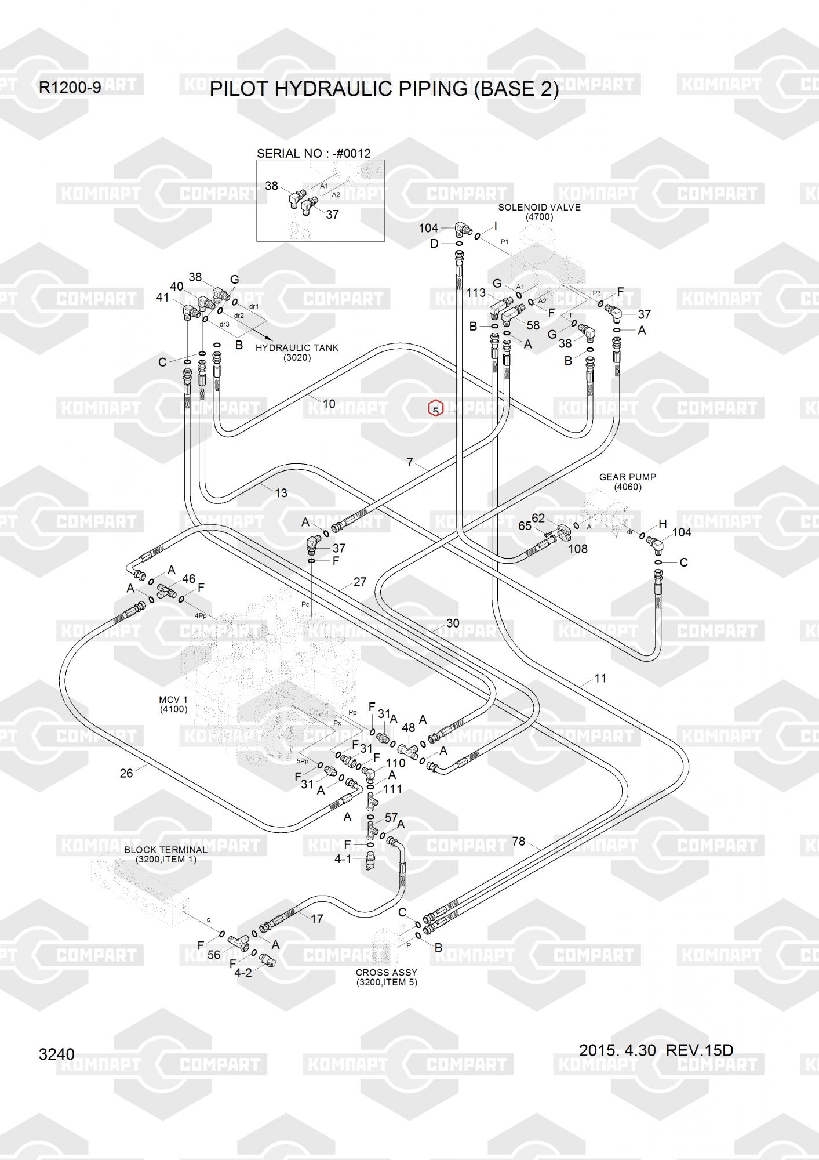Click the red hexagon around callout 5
pos(436,409)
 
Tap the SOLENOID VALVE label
pos(539,208)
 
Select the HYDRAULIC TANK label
pos(297,348)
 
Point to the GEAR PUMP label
pos(628,477)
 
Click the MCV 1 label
pos(173,699)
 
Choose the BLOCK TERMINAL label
pos(166,850)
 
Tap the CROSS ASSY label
pos(387,972)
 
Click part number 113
pos(476,293)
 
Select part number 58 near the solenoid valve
pos(533,325)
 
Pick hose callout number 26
pos(126,773)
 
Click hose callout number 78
pos(518,841)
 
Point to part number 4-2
pos(243,973)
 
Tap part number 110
pos(396,763)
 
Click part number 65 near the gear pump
pos(525,525)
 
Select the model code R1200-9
pos(70,88)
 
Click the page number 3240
pos(56,1054)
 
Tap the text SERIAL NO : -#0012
pos(314,154)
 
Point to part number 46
pos(188,579)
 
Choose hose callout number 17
pos(316,919)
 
